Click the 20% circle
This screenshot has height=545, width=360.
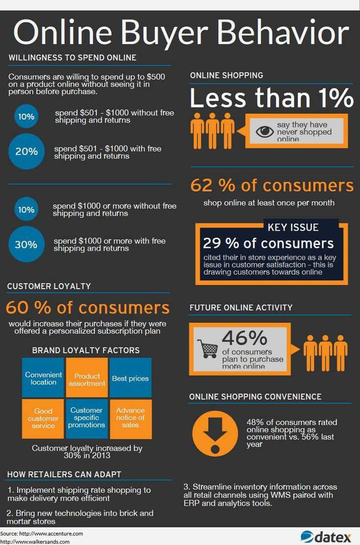coord(26,151)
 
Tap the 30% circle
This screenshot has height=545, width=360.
coord(26,244)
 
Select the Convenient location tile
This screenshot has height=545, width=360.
coord(43,378)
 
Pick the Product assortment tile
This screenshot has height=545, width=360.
coord(87,378)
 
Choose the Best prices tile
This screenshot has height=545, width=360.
coord(130,378)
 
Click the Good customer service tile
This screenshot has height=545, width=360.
coord(43,419)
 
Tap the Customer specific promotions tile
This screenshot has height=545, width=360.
coord(87,419)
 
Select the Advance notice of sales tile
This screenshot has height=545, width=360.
coord(130,419)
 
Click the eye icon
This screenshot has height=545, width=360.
coord(265,132)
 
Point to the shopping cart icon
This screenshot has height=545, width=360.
coord(208,348)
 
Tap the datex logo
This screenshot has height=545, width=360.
coord(326,537)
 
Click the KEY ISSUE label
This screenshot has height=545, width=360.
coord(293,227)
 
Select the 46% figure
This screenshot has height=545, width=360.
coord(244,338)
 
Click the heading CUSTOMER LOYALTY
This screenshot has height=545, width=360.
coord(49,286)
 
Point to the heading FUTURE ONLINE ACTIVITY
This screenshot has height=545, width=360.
coord(241,308)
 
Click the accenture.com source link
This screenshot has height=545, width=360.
coord(42,533)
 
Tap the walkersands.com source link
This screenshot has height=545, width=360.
coord(35,542)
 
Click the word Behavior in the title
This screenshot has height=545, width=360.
coord(283,33)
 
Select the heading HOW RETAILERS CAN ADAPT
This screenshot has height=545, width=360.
coord(64,474)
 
